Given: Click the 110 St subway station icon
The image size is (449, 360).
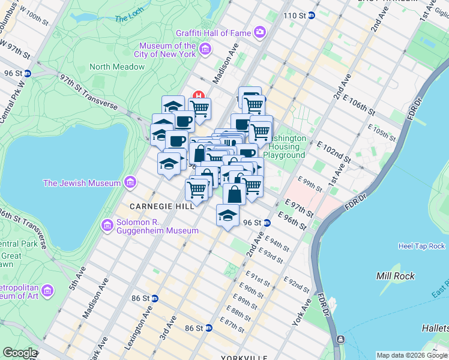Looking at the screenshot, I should pyautogui.click(x=312, y=15).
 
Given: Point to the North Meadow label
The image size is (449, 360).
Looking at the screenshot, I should pyautogui.click(x=117, y=67).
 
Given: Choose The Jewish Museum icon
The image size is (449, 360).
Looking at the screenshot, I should pyautogui.click(x=130, y=182).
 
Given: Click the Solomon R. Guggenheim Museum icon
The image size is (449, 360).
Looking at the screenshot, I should pyautogui.click(x=107, y=225).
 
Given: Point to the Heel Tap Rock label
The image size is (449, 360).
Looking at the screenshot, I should pyautogui.click(x=421, y=246).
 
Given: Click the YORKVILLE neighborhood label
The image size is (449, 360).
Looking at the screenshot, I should pyautogui.click(x=244, y=357).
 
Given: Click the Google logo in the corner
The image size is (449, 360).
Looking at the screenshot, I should pyautogui.click(x=19, y=353).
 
